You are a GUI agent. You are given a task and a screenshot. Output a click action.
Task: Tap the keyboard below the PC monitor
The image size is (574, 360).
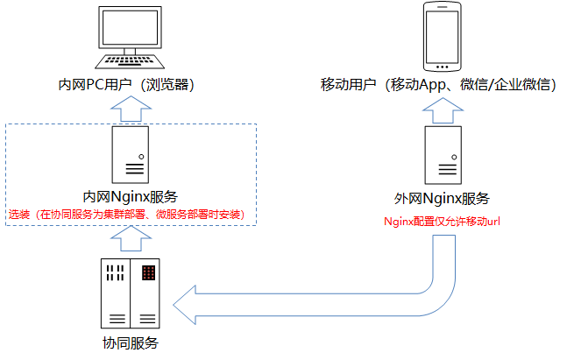(x=131, y=62)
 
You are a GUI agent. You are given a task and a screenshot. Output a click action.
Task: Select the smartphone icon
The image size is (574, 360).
(x=443, y=38)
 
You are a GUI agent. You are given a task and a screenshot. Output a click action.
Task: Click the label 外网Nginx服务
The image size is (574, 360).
(x=443, y=198)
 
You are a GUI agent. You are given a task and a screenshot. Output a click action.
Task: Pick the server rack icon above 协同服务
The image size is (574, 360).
(x=131, y=293)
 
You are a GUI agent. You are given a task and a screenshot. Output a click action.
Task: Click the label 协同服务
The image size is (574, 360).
(x=131, y=342)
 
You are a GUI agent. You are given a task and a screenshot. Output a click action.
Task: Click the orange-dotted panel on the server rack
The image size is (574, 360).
(x=149, y=272)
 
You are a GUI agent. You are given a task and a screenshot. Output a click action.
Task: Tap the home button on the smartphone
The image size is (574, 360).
(x=443, y=67)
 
